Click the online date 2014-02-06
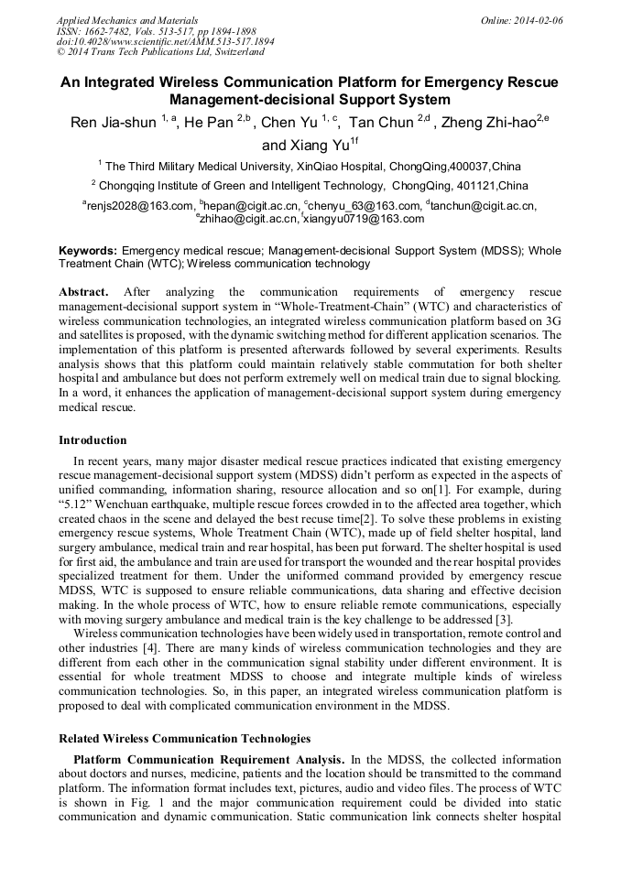(x=541, y=19)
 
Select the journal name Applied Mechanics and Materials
(x=127, y=19)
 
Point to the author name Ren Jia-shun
(x=114, y=124)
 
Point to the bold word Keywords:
(x=88, y=250)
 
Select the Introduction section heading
(x=93, y=439)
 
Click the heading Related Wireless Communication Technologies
(x=184, y=738)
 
